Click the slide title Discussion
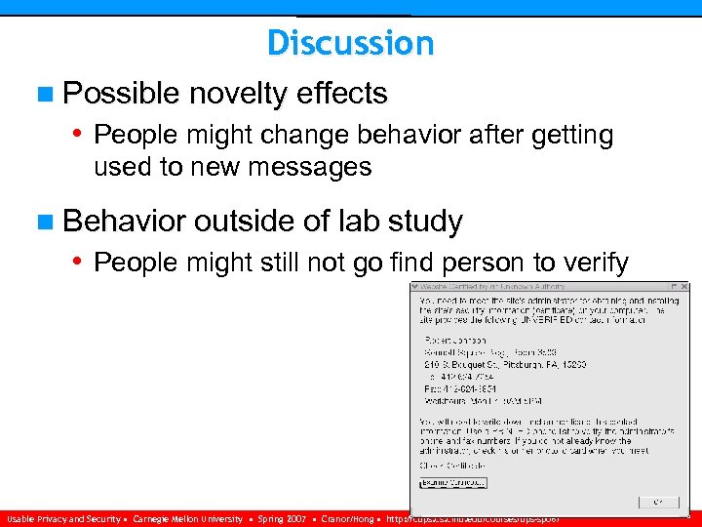[350, 43]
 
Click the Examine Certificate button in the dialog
[452, 482]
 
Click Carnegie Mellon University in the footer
[187, 519]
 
